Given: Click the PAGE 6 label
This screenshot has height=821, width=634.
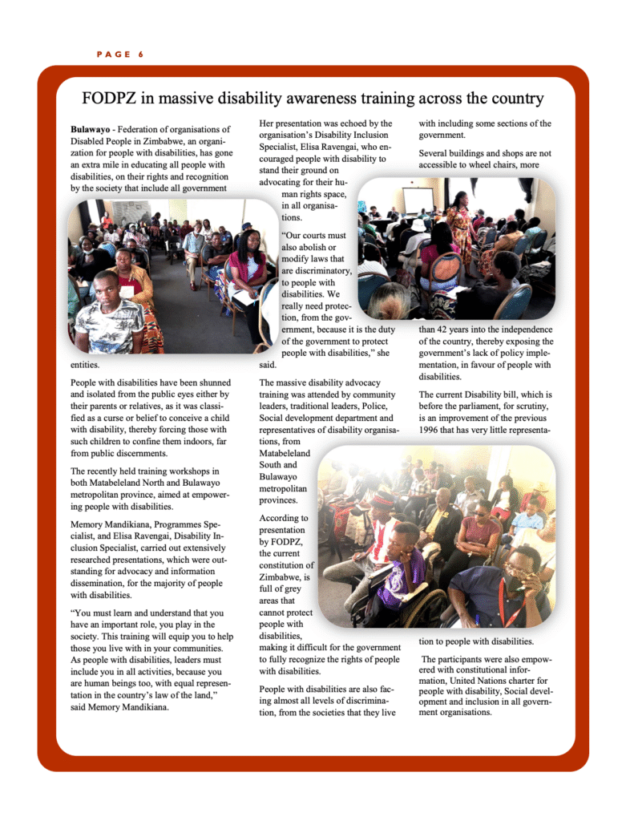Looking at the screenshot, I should pos(119,55).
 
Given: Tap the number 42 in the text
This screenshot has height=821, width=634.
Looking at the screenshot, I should pos(454,329).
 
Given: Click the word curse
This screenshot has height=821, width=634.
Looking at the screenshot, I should pos(120,418).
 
